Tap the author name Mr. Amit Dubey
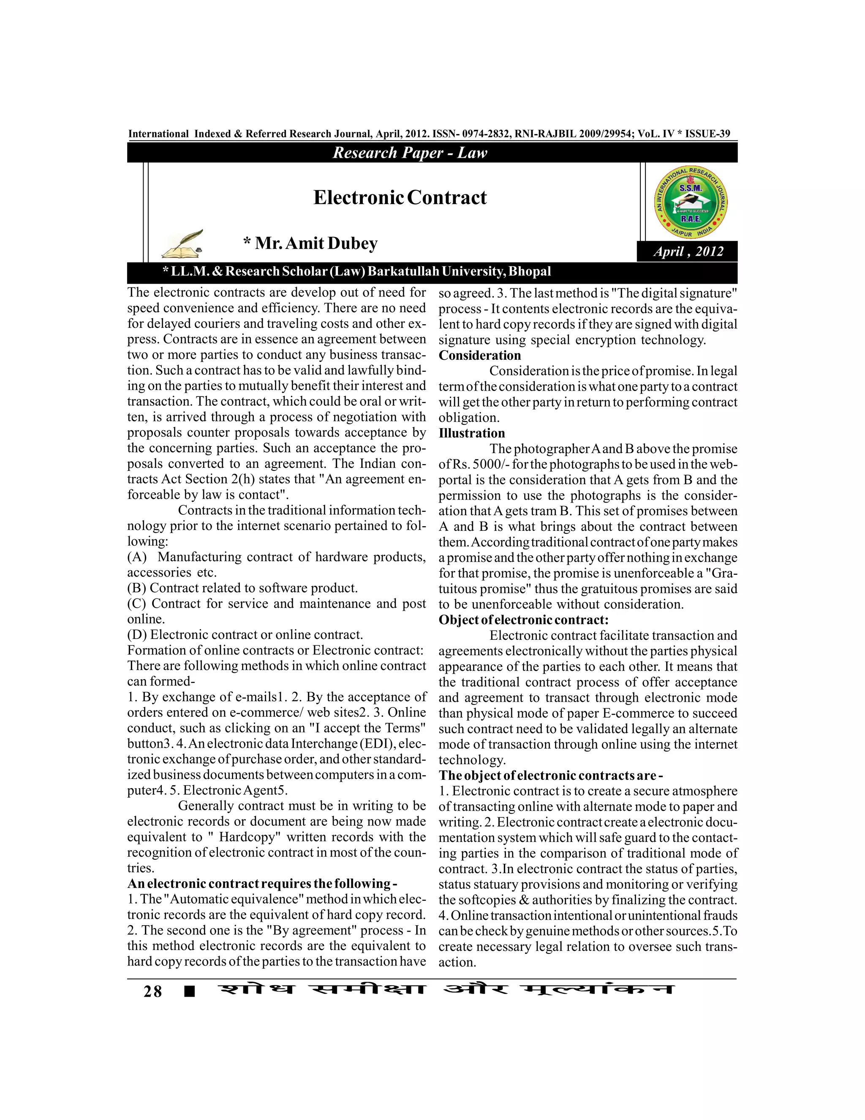310,243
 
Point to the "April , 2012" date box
688,251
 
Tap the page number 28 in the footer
153,991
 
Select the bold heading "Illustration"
471,433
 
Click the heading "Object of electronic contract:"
523,620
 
